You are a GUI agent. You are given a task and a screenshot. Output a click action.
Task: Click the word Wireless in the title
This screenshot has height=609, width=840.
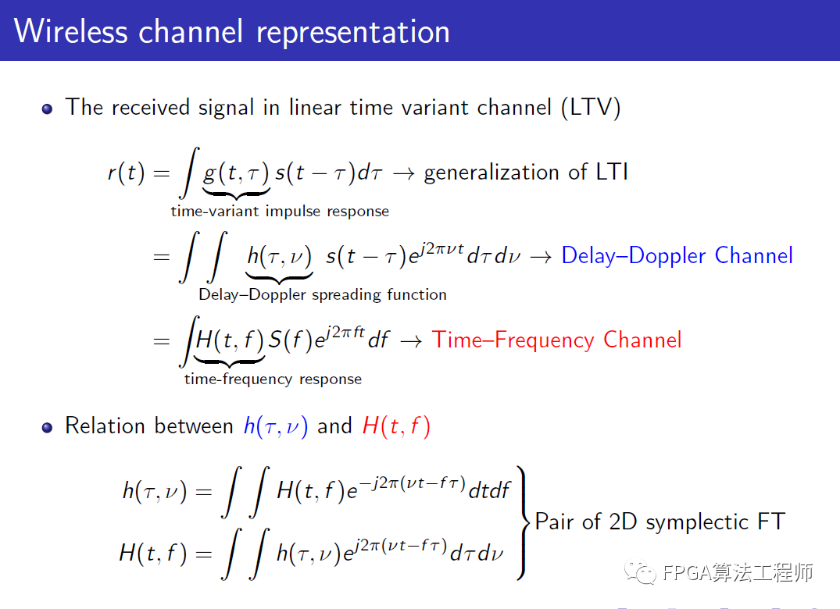[70, 31]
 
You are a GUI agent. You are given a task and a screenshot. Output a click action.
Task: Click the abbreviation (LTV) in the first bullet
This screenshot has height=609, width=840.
[591, 108]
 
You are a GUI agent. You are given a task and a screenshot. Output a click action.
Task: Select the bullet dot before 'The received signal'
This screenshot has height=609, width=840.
[47, 109]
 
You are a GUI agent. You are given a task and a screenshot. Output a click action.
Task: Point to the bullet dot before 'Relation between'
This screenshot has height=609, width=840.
[47, 428]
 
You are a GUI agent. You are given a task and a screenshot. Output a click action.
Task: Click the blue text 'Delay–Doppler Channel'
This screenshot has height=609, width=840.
[677, 256]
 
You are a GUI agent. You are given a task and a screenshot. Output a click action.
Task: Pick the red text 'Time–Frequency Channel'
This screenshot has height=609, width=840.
[556, 340]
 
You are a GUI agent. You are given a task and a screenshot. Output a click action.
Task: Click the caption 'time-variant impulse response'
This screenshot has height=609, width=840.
[280, 212]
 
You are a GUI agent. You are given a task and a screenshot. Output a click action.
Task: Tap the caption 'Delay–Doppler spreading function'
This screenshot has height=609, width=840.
[323, 295]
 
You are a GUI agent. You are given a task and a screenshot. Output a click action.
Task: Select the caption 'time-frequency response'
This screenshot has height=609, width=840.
[273, 379]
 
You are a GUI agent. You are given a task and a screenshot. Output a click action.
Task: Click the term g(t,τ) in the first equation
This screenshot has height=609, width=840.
[236, 173]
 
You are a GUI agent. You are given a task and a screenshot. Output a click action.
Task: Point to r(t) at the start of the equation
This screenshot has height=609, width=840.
[127, 173]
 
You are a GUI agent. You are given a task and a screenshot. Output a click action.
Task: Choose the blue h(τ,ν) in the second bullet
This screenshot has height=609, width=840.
[276, 426]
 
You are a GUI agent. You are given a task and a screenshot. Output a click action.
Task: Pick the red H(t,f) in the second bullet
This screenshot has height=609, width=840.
[396, 426]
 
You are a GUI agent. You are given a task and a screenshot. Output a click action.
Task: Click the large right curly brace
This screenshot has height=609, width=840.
[523, 523]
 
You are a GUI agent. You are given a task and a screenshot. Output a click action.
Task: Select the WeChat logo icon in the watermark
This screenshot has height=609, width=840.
[640, 572]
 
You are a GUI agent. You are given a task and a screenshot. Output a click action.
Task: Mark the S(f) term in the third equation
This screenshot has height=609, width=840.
[289, 340]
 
